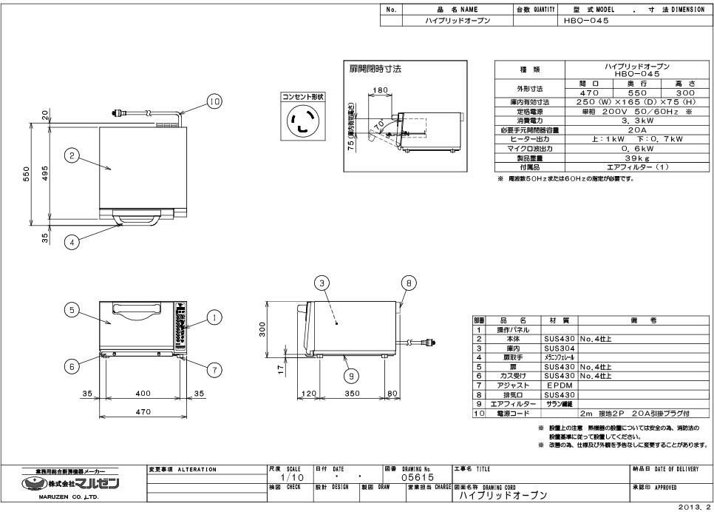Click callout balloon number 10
click(x=214, y=103)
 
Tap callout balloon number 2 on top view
click(x=72, y=155)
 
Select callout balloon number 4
click(x=72, y=240)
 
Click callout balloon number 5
click(x=72, y=311)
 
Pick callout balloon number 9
click(x=352, y=376)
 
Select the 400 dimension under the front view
click(x=143, y=394)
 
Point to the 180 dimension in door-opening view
click(x=380, y=90)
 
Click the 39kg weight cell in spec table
click(x=637, y=158)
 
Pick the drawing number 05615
click(x=416, y=478)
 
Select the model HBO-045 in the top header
click(x=586, y=21)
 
